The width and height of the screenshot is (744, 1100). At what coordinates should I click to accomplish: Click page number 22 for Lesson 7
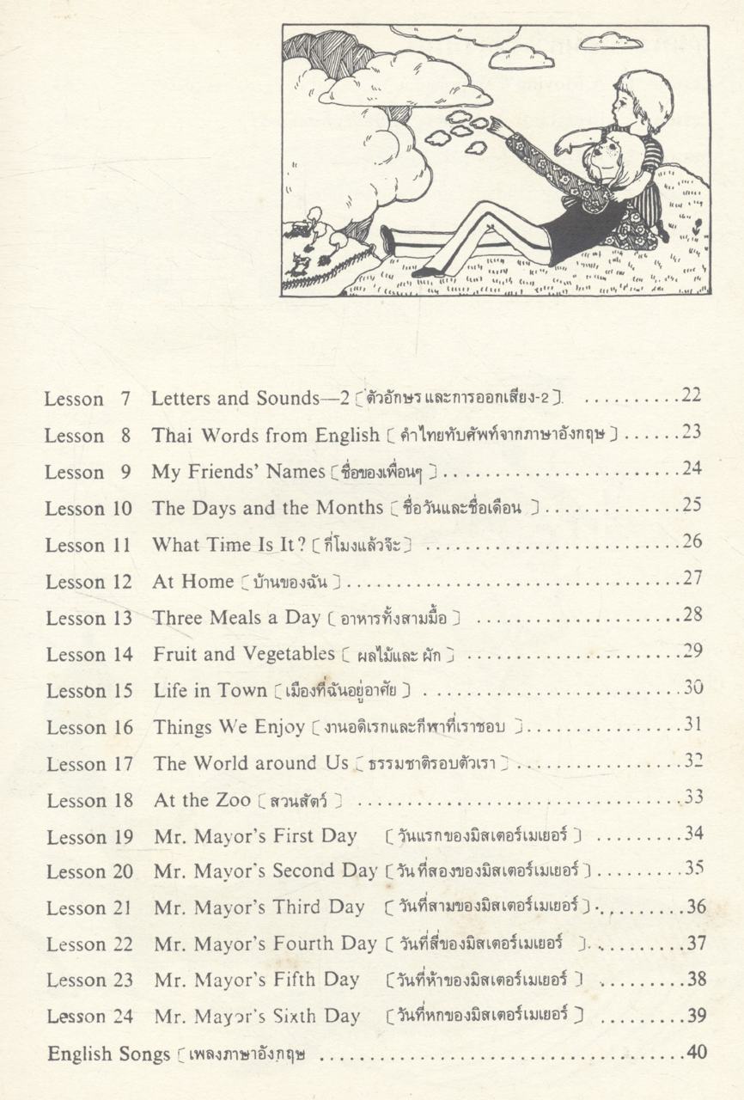[x=691, y=396]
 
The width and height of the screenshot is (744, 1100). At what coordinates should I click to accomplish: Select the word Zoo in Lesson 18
[x=232, y=800]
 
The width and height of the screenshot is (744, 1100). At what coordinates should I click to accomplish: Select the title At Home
[x=192, y=581]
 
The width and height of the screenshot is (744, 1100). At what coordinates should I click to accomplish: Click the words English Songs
[x=109, y=1054]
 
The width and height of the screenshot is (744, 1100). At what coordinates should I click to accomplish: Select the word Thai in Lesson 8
[x=170, y=435]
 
